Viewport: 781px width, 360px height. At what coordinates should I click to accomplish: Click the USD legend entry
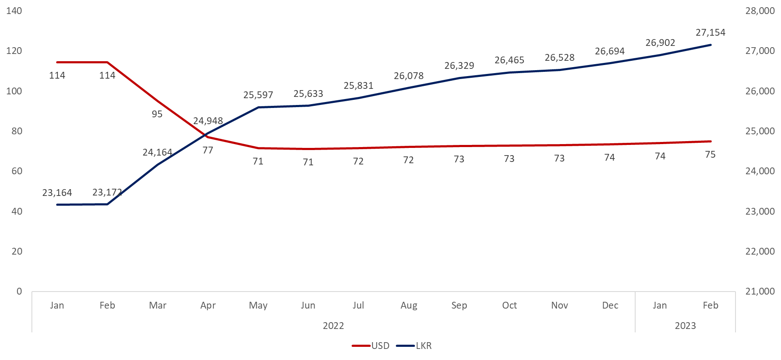coord(371,346)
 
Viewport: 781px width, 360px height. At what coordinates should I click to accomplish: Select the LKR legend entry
coord(415,346)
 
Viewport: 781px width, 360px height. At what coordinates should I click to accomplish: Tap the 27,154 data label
coord(710,32)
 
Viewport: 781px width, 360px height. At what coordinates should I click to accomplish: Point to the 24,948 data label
coord(208,121)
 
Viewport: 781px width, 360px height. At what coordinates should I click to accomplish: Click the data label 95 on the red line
coord(157,114)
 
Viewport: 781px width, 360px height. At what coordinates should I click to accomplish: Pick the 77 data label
coord(207,150)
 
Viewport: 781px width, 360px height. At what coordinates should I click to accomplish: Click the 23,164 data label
coord(57,193)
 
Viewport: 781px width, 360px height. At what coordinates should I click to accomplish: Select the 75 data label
coord(710,154)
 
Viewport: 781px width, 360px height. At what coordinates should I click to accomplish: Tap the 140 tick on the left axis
coord(14,11)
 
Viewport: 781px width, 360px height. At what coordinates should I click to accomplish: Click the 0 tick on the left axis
coord(19,291)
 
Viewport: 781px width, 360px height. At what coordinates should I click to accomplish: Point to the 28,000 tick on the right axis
coord(760,11)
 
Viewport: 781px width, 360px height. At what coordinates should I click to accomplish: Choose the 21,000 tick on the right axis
coord(760,291)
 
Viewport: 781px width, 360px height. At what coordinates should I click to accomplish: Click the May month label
coord(258,305)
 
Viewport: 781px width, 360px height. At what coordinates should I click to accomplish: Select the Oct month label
coord(509,305)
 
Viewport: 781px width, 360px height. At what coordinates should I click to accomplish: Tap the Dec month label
coord(610,305)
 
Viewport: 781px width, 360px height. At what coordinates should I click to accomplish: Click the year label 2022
coord(333,326)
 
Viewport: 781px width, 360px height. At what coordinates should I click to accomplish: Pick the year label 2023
coord(685,326)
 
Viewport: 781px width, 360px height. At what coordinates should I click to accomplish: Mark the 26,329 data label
coord(459,65)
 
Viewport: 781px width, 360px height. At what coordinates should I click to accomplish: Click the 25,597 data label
coord(258,95)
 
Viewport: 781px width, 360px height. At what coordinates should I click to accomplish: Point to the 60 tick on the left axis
coord(17,171)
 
